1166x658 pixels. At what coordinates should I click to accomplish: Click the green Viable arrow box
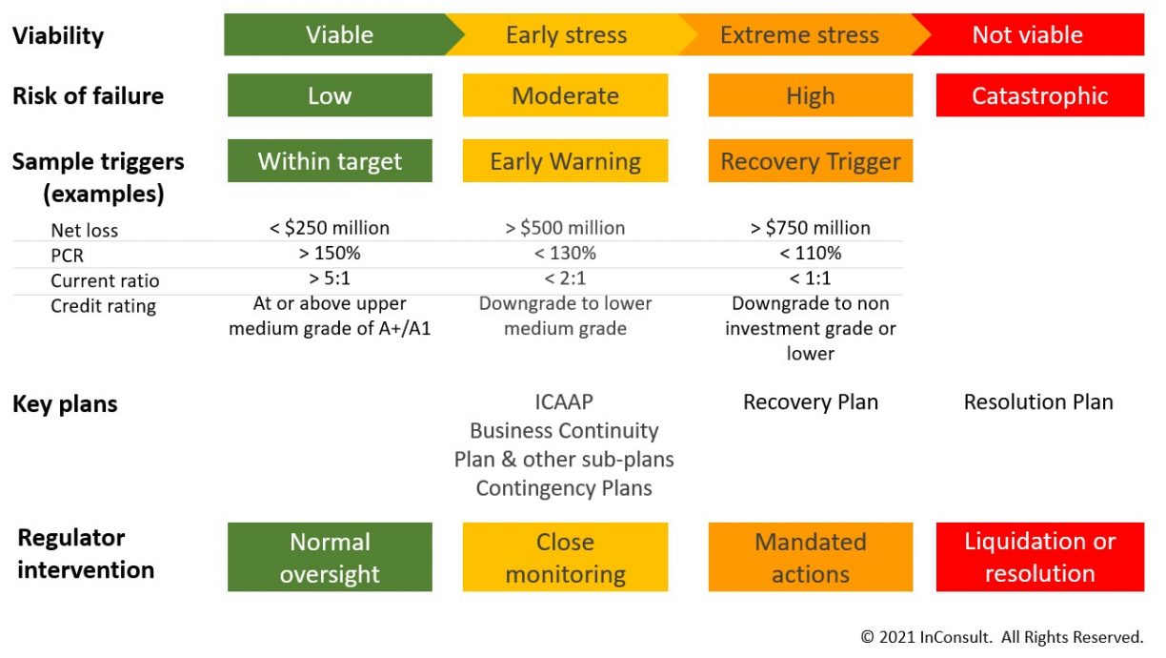coord(338,35)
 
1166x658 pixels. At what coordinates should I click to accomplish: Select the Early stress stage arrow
coord(567,35)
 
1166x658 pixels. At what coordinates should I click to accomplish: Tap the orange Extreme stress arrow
coord(800,35)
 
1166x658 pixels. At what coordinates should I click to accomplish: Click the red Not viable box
coord(1029,35)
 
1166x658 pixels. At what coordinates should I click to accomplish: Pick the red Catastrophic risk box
coord(1039,95)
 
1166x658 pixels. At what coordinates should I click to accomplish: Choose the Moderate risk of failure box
coord(565,95)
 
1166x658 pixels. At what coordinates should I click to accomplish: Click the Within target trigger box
coord(330,161)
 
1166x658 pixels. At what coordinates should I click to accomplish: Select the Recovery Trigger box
coord(810,161)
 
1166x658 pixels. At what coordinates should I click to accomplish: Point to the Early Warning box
coord(565,161)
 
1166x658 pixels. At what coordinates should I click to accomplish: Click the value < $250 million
coord(330,228)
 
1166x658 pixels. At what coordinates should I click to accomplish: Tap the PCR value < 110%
coord(810,254)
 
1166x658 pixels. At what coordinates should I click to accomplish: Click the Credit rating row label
coord(103,306)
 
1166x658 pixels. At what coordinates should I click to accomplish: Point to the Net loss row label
coord(84,230)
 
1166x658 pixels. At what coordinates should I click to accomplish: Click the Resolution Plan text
coord(1038,401)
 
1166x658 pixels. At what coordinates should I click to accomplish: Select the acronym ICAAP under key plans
coord(564,401)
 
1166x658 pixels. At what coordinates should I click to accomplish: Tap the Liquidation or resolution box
coord(1039,557)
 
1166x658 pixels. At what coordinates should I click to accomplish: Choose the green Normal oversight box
coord(330,557)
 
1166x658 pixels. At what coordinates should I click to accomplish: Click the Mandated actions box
coord(810,557)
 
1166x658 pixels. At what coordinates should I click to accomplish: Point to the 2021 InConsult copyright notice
coord(1001,636)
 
